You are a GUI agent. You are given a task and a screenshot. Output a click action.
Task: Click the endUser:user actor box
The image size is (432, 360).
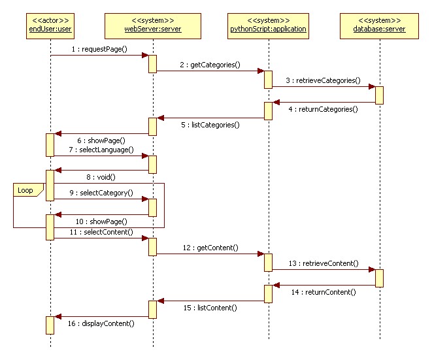pos(50,25)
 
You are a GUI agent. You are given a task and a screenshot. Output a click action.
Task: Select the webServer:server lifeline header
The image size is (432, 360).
pos(152,25)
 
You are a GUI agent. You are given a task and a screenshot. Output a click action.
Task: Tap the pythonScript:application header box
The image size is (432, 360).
pos(268,25)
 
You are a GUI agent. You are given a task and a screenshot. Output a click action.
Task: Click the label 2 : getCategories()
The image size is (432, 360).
pos(210,65)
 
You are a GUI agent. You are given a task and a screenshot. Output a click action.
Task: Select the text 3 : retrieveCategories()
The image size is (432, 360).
pos(322,80)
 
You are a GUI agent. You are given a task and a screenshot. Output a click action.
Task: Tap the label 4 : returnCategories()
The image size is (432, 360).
pos(324,110)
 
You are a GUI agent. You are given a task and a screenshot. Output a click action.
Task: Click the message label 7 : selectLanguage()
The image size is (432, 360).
pos(102,150)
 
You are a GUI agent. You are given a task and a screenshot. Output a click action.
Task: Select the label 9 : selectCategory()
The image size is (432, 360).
pos(102,193)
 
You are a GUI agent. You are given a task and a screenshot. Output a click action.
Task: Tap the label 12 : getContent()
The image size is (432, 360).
pos(210,248)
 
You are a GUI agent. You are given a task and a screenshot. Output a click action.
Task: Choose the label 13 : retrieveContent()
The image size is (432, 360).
pos(323,263)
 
